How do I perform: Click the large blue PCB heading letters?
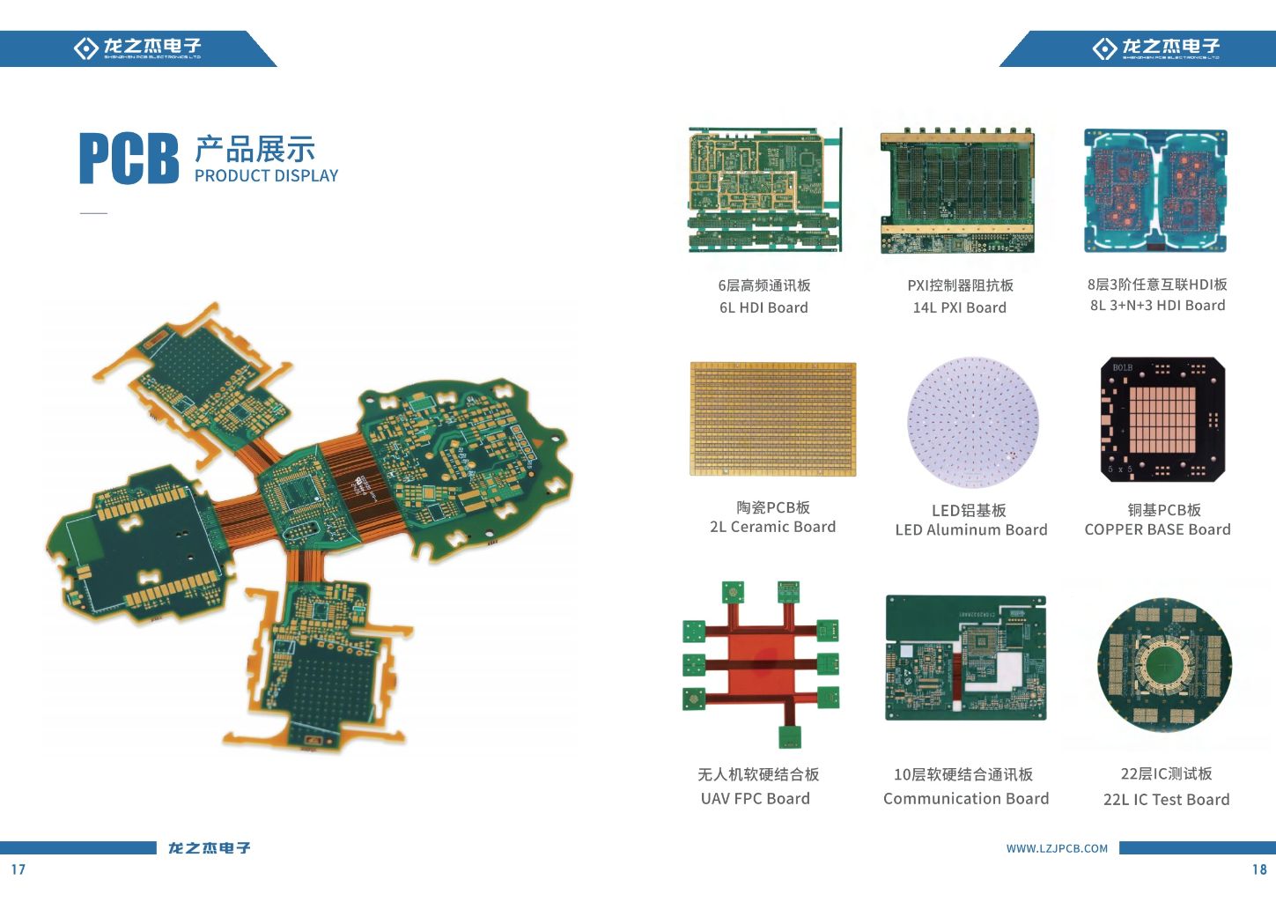(x=129, y=159)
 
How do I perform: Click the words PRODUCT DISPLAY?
(x=266, y=176)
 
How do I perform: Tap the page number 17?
(x=18, y=869)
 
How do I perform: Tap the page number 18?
(x=1259, y=869)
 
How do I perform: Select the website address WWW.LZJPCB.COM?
(x=1057, y=848)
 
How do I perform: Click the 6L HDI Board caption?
(x=763, y=307)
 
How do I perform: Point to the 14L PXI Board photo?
(x=957, y=192)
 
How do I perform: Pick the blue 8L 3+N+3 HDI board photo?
(x=1155, y=190)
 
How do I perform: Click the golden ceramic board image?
(x=773, y=418)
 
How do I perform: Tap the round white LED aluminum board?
(x=973, y=422)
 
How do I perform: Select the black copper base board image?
(x=1162, y=419)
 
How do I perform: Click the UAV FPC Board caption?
(x=756, y=799)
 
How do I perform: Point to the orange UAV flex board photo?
(x=761, y=663)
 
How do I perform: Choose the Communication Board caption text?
(x=966, y=799)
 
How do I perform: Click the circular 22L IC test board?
(x=1164, y=665)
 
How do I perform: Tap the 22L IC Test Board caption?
(x=1166, y=800)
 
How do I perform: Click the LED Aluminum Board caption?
(x=971, y=530)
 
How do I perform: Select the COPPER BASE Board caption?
(x=1157, y=529)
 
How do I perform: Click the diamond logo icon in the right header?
(x=1104, y=48)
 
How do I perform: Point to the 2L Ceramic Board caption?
(x=772, y=527)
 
